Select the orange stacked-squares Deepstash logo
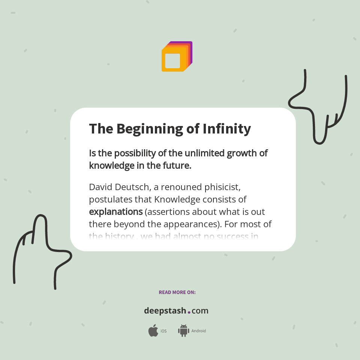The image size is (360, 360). pos(177,57)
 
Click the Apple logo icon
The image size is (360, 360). pos(153,331)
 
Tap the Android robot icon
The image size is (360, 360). pos(183,330)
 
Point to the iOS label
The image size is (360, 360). pos(163,331)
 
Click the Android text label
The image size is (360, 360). pos(198,331)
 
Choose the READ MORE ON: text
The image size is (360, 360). pos(177,292)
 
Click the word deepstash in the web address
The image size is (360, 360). pos(165,311)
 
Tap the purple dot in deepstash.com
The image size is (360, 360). pos(189,312)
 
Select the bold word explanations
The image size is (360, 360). pos(115,212)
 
